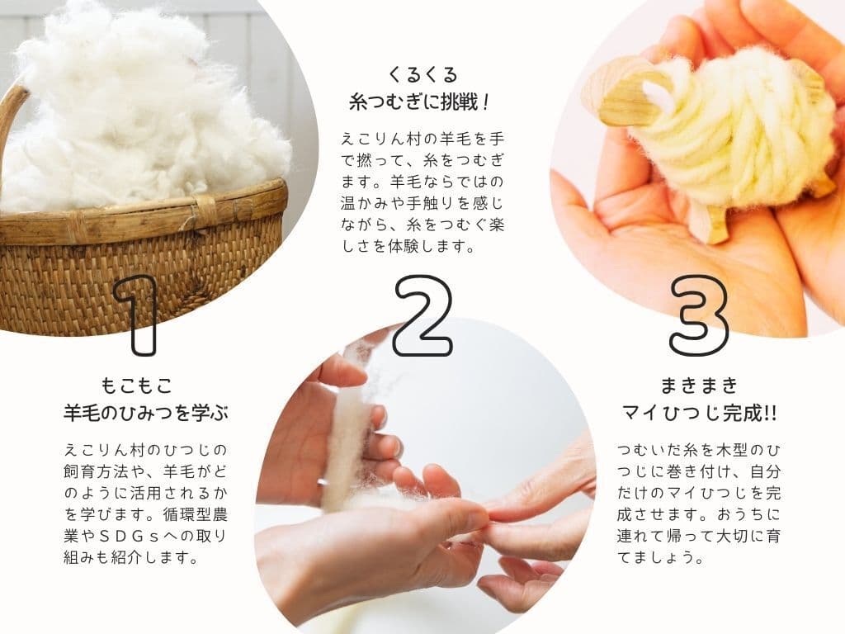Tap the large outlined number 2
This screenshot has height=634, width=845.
coord(423,315)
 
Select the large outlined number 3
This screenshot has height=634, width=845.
coord(699,315)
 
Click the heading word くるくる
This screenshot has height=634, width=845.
coord(422,74)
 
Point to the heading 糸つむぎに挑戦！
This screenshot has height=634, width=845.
coord(419,102)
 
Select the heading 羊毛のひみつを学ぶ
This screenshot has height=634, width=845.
coord(145,413)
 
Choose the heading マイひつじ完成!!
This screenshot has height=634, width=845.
coord(699,414)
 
